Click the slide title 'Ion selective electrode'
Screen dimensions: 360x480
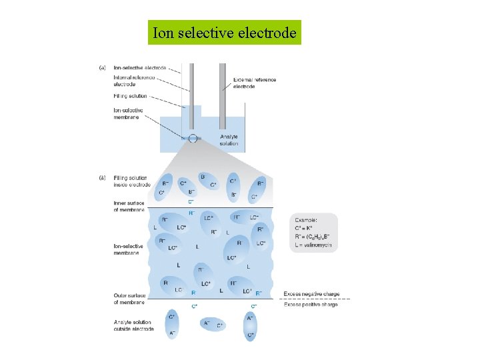tap(224, 32)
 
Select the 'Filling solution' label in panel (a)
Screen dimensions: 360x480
tap(130, 97)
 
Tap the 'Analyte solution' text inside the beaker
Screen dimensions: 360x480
tap(229, 140)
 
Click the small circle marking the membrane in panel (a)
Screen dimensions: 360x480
tap(193, 138)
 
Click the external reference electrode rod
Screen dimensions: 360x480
tap(222, 93)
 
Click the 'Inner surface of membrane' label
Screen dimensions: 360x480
tap(129, 205)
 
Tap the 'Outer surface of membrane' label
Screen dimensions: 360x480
tap(129, 298)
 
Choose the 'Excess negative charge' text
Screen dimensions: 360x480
tap(310, 293)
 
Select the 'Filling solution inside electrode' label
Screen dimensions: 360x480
tap(131, 181)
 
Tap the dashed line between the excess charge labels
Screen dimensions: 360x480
tap(313, 299)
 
